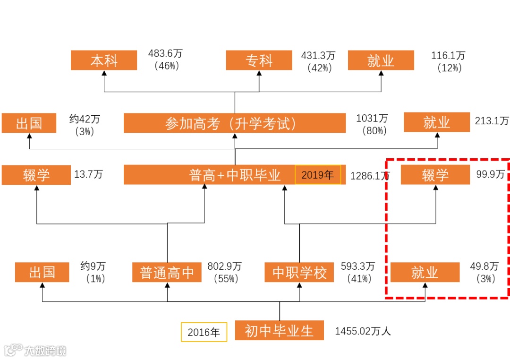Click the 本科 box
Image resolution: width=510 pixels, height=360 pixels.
pos(104,60)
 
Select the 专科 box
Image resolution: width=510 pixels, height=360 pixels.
pos(259,60)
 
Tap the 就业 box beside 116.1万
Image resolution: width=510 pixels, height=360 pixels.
pos(381,60)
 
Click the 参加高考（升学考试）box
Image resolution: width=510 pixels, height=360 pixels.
pos(235,123)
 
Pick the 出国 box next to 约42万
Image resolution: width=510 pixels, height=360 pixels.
pos(29,123)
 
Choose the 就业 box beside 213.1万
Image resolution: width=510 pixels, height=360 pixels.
pos(436,122)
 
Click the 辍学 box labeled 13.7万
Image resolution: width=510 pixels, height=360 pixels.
pos(36,175)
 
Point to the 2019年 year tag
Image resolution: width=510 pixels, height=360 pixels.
pos(317,175)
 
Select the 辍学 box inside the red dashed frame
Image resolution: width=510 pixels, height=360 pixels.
pos(435,175)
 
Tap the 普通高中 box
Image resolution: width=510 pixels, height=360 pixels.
pos(167,272)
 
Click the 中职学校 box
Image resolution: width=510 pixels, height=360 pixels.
pos(299,272)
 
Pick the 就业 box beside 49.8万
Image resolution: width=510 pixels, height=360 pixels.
pos(425,272)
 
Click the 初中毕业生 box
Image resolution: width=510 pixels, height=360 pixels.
pos(279,331)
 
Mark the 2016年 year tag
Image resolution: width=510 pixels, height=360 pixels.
pos(204,332)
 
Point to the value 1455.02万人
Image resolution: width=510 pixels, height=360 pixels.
pos(363,331)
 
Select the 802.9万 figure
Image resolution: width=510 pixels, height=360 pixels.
pos(225,266)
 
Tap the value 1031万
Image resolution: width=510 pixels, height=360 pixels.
pos(372,118)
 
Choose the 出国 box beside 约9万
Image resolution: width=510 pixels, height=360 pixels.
pos(42,272)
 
